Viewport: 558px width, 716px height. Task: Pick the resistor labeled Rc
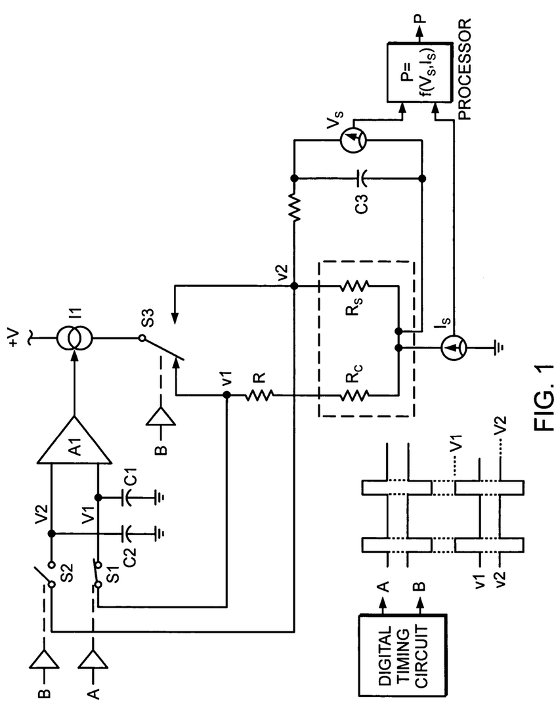pos(355,394)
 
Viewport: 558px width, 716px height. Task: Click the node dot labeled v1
pos(226,395)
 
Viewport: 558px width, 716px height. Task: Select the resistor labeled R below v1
pos(259,395)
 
